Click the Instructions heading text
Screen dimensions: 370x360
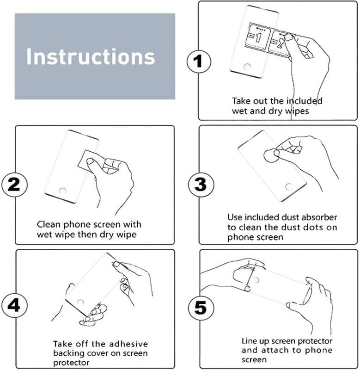pyautogui.click(x=91, y=56)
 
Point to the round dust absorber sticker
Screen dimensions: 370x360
pyautogui.click(x=270, y=156)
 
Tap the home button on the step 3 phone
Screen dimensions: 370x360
pyautogui.click(x=289, y=187)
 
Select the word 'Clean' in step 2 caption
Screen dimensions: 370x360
pyautogui.click(x=49, y=224)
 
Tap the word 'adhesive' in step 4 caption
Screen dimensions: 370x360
pyautogui.click(x=128, y=344)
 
